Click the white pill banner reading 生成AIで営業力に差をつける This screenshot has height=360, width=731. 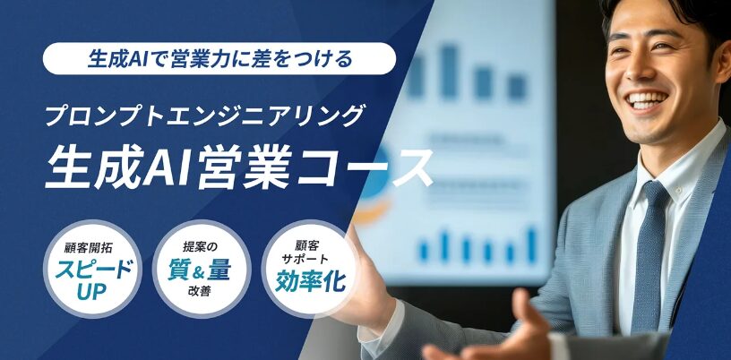pos(219,59)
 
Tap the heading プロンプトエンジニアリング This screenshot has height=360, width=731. pos(203,116)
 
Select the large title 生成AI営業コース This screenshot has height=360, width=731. pos(238,167)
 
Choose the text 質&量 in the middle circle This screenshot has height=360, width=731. pos(199,271)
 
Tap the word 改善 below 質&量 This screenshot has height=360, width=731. pos(200,293)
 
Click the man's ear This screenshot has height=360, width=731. pos(723,64)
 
